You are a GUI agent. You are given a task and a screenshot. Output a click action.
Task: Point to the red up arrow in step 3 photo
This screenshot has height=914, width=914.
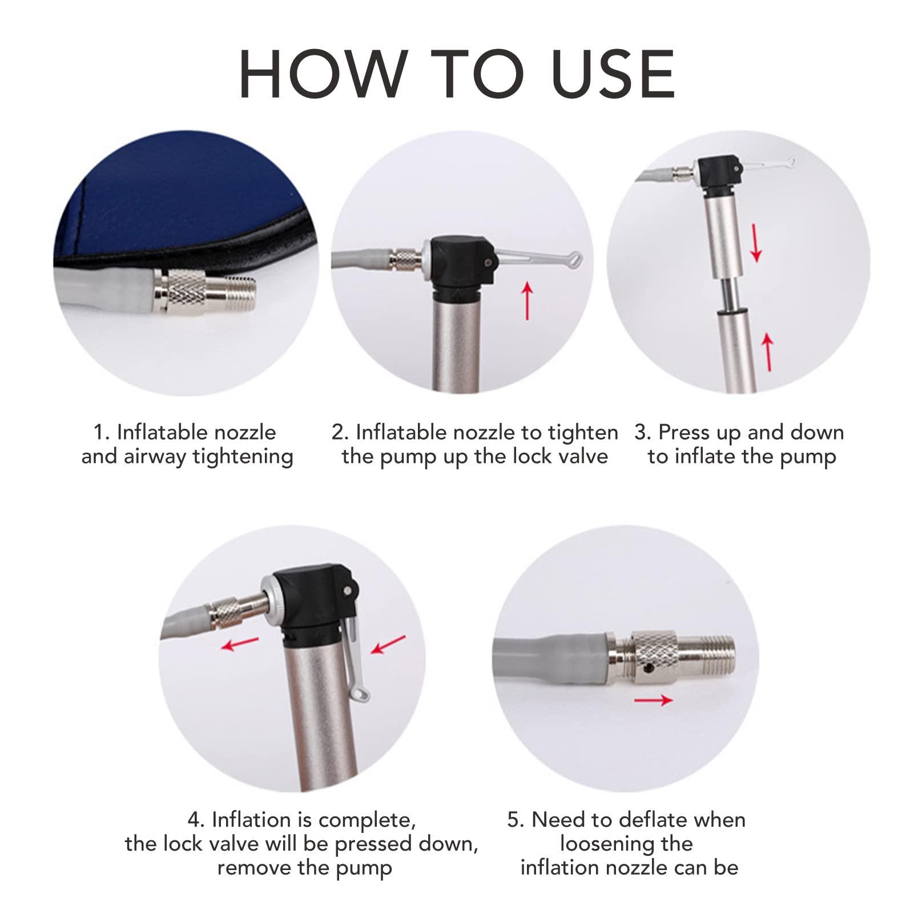pyautogui.click(x=768, y=352)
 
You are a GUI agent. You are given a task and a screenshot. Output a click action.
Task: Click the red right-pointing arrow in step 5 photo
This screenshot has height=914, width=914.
pyautogui.click(x=654, y=699)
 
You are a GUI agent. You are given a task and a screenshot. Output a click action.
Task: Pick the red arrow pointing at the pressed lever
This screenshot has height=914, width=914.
pyautogui.click(x=388, y=645)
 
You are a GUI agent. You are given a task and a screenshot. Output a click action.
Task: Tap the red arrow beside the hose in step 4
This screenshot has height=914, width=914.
pyautogui.click(x=240, y=643)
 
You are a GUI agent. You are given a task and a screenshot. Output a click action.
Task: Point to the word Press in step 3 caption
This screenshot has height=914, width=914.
pyautogui.click(x=686, y=432)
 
